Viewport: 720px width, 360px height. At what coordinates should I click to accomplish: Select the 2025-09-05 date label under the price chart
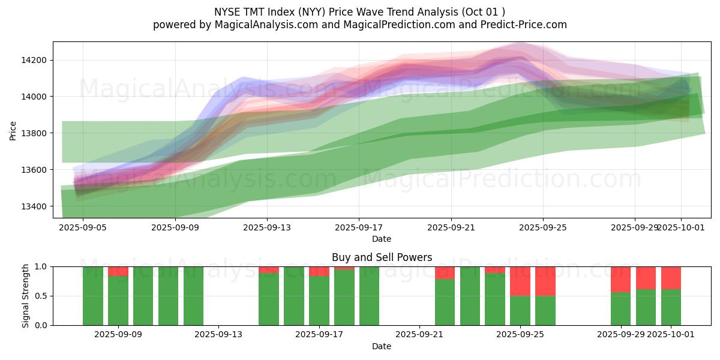click(83, 228)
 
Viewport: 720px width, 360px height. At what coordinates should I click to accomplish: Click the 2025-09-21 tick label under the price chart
click(451, 228)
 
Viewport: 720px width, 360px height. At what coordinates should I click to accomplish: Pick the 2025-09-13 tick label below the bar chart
click(218, 335)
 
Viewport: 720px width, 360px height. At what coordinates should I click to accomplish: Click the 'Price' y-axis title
click(13, 130)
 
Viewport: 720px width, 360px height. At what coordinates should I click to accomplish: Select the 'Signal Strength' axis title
click(25, 295)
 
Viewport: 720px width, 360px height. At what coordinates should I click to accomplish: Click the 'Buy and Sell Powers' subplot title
click(382, 257)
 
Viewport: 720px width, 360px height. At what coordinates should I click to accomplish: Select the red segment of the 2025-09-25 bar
click(520, 281)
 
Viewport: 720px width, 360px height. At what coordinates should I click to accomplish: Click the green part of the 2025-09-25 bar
click(520, 311)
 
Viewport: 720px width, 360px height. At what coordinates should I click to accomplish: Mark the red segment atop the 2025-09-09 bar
click(118, 271)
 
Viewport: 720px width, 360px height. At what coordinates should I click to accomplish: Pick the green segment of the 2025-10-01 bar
click(671, 307)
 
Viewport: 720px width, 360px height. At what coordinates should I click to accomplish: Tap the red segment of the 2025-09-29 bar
click(620, 279)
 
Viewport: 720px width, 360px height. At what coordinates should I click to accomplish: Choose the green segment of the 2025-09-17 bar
click(319, 300)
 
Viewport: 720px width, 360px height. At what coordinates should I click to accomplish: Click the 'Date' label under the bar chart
click(382, 346)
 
